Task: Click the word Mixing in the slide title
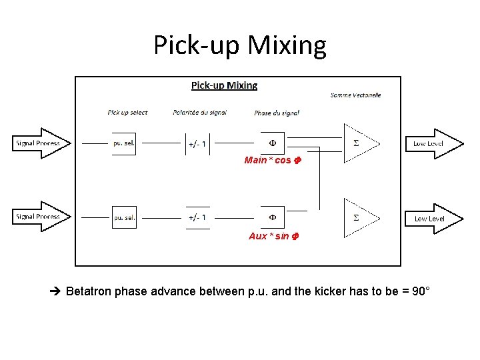click(288, 45)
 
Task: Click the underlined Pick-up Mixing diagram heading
click(224, 85)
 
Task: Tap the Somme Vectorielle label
click(355, 95)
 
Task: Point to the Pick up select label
click(127, 113)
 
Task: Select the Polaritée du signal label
click(199, 113)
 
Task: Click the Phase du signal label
click(277, 113)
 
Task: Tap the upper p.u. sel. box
click(124, 143)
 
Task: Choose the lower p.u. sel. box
click(124, 217)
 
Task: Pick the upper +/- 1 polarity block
click(197, 143)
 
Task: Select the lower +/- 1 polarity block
click(197, 217)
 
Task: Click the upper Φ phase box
click(272, 143)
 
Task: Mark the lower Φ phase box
click(272, 217)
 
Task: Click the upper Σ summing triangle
click(358, 143)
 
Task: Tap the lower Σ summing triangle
click(358, 217)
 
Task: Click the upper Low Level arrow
click(433, 144)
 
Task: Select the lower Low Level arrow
click(433, 219)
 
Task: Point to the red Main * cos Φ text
click(271, 161)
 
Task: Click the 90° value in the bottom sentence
click(421, 291)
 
